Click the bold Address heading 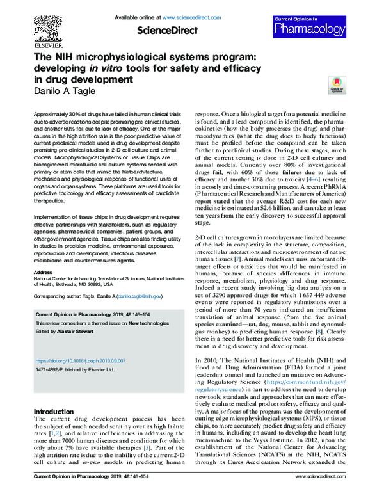[x=43, y=272]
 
